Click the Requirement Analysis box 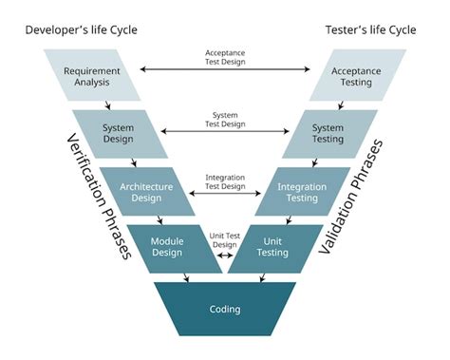point(91,76)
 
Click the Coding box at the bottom point(225,309)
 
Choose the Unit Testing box point(276,247)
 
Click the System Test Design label point(225,119)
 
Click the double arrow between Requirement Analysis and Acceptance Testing point(225,69)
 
